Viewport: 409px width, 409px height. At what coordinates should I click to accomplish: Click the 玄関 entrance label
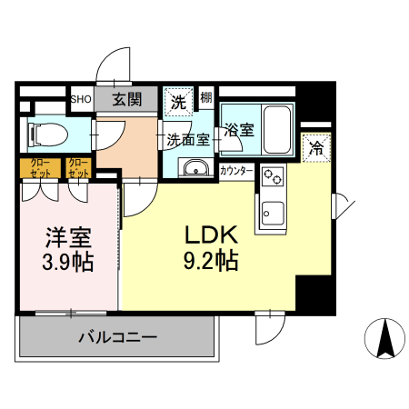[x=128, y=99]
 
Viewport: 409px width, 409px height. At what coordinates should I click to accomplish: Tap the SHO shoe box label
[x=80, y=99]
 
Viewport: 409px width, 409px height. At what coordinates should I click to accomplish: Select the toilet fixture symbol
[x=49, y=134]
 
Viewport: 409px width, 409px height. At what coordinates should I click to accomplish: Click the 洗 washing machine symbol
[x=176, y=101]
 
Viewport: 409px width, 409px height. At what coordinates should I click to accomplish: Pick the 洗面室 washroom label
[x=188, y=140]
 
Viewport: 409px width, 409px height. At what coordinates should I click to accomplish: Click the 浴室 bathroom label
[x=240, y=130]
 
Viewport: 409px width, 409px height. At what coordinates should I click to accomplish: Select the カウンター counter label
[x=236, y=170]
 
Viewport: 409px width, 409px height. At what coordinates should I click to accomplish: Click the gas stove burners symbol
[x=272, y=176]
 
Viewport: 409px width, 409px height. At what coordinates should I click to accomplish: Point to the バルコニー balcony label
[x=117, y=336]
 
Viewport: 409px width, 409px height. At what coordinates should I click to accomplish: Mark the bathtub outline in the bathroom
[x=274, y=128]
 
